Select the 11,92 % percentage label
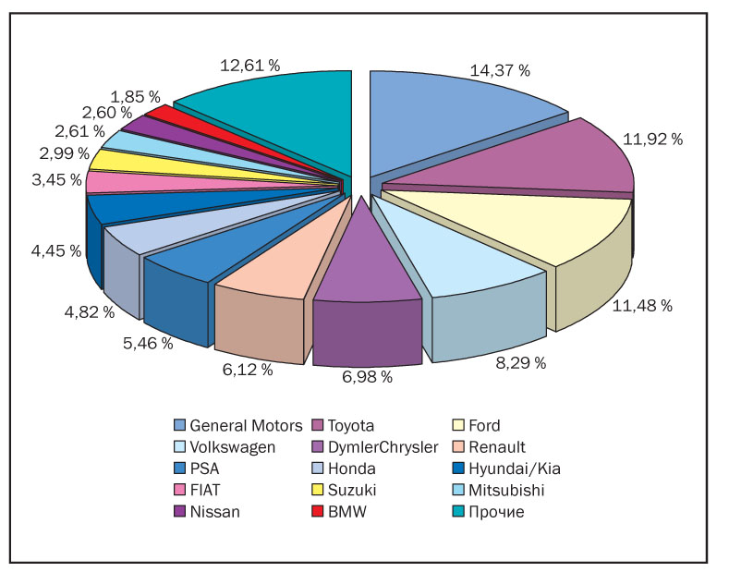tap(652, 140)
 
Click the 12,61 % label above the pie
tap(249, 66)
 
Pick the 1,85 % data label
tap(135, 96)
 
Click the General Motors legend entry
tap(246, 426)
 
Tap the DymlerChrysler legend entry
tap(381, 447)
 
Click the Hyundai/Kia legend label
tap(516, 469)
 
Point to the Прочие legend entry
tap(497, 511)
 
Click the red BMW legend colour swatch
tap(318, 511)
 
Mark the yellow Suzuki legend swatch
tap(318, 490)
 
